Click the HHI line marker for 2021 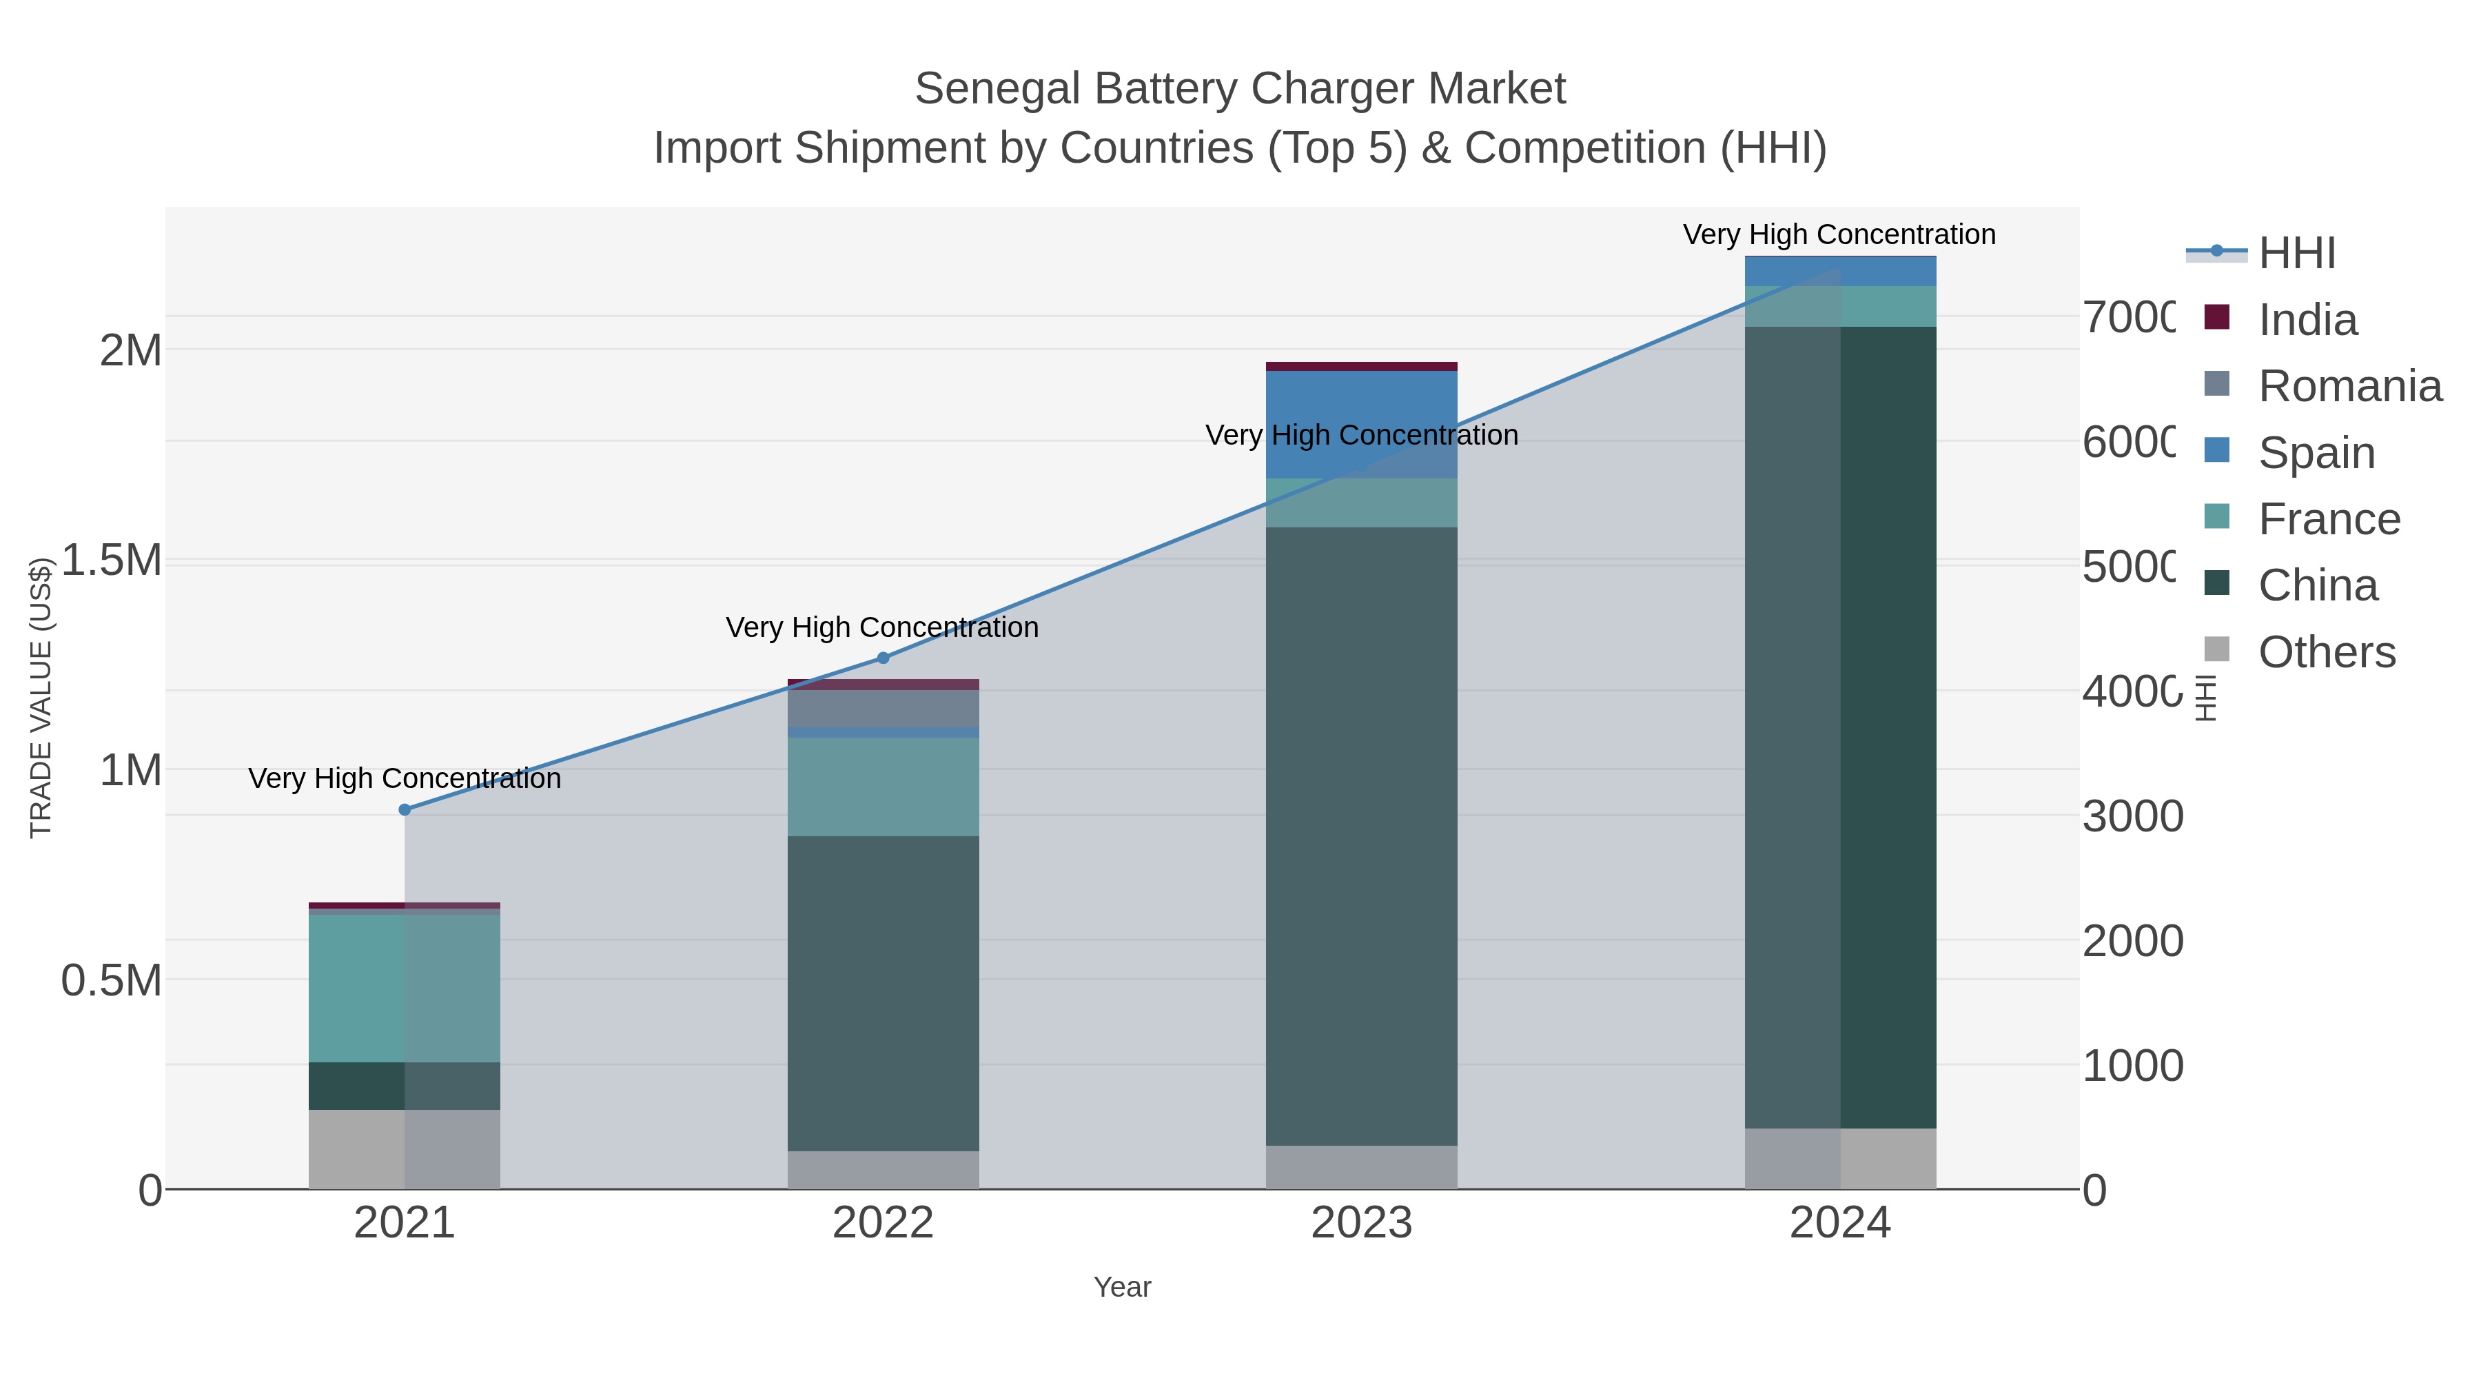(405, 810)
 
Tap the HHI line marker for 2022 (884, 658)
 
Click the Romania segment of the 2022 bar (884, 708)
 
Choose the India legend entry (2307, 320)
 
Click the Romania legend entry (2349, 386)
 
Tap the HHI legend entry (2296, 254)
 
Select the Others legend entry (2326, 652)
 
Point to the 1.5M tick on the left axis (112, 560)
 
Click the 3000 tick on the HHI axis (2132, 817)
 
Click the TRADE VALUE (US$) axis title (41, 698)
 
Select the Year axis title (1122, 1287)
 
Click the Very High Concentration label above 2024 (1839, 235)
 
